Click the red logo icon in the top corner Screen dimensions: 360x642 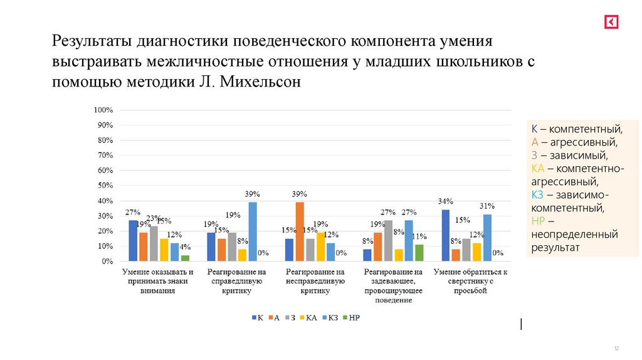[611, 22]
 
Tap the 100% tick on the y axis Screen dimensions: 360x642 [103, 110]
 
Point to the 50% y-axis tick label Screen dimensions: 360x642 [104, 186]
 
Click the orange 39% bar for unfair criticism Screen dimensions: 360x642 [300, 231]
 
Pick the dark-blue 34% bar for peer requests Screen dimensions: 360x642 [446, 235]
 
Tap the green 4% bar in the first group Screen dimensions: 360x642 [185, 258]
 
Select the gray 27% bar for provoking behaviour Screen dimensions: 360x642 [388, 240]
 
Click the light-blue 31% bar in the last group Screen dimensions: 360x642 [487, 238]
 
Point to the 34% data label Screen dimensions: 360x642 [445, 202]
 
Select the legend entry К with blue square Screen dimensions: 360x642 [257, 318]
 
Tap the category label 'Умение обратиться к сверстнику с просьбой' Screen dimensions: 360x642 [470, 282]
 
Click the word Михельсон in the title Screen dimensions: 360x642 [264, 82]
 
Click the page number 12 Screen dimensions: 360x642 [616, 348]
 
